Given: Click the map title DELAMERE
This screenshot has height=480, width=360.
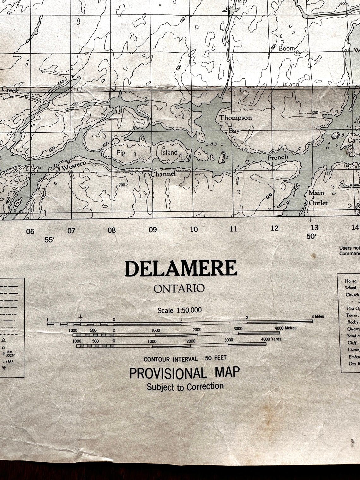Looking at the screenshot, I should pos(181,269).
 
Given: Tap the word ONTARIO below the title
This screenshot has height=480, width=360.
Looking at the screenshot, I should pos(179,288).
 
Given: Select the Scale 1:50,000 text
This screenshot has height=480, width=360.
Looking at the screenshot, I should pos(179,310).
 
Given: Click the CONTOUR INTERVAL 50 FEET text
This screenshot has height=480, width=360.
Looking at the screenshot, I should pos(185,359).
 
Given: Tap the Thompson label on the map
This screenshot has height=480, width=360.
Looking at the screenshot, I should pos(236,118).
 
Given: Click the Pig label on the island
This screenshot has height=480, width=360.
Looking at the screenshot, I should pos(121,153).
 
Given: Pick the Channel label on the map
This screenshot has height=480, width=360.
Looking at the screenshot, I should pos(163,174).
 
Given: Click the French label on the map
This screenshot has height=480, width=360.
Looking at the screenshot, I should pos(278,157).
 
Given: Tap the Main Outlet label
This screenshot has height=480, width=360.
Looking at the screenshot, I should pos(317,198).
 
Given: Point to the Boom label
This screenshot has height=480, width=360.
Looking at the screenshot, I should pos(286,48).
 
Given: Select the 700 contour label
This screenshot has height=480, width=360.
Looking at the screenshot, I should pos(123,185).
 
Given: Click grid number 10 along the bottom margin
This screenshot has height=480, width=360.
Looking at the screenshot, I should pos(194,229).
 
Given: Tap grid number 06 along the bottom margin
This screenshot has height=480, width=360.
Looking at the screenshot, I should pos(30,231).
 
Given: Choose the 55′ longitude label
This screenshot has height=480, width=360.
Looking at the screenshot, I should pos(50,240).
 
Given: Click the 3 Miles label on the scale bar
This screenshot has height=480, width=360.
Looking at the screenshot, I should pos(318,316).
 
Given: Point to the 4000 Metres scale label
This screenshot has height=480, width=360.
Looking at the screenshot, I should pos(285,328).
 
